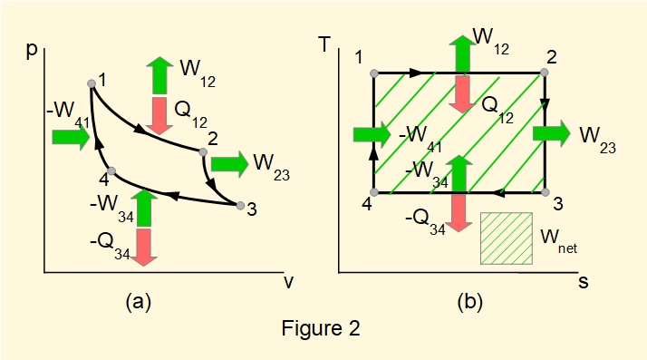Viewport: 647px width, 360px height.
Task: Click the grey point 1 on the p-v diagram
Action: coord(91,83)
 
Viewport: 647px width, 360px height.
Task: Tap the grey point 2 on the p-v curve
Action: coord(203,152)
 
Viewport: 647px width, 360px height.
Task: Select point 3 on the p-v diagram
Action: coord(240,206)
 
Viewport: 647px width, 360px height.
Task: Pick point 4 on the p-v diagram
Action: coord(111,171)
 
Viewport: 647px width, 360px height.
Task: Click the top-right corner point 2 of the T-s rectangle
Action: coord(545,72)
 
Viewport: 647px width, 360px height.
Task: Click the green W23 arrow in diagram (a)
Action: coord(229,164)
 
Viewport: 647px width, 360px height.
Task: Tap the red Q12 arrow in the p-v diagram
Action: coord(160,113)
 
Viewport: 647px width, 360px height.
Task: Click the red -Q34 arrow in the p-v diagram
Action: coord(142,247)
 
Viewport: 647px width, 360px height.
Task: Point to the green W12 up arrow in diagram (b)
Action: coord(461,54)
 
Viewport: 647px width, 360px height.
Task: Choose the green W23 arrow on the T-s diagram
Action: coord(552,133)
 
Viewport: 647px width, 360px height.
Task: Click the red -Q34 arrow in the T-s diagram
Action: coord(460,213)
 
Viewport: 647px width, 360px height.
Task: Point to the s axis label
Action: coord(584,282)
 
